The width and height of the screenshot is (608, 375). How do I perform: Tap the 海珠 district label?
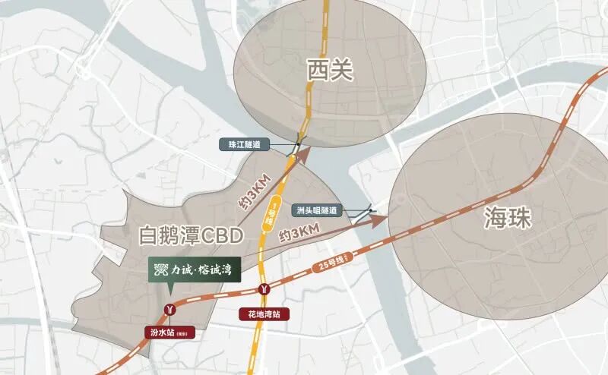click(508, 219)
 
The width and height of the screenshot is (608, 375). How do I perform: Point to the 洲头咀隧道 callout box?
click(318, 210)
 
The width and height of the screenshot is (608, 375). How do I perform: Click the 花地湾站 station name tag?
click(262, 313)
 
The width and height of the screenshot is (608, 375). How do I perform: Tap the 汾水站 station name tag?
click(172, 331)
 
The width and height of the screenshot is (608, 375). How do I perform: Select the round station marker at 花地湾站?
click(264, 288)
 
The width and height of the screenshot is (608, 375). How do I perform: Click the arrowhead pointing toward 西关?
click(304, 154)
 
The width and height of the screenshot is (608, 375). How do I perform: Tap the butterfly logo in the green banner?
click(158, 269)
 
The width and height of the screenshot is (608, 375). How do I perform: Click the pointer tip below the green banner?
click(169, 291)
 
